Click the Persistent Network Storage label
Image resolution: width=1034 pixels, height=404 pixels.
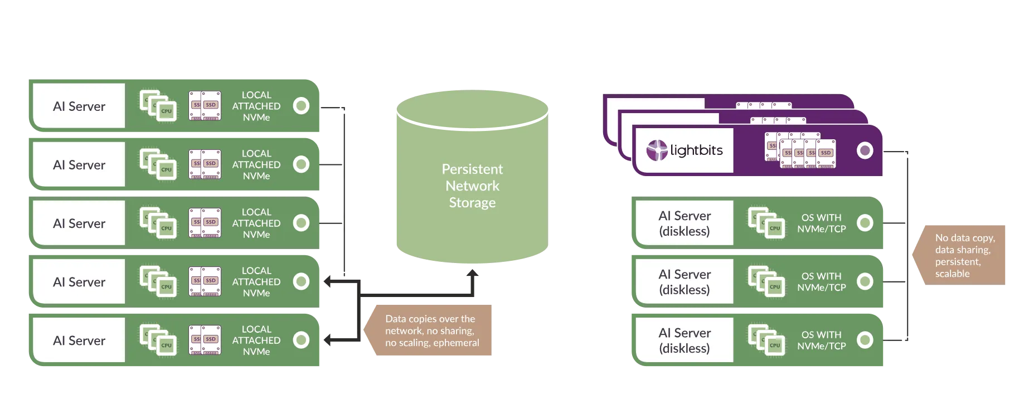tap(472, 186)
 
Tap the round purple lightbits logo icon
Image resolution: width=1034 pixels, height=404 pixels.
tap(657, 150)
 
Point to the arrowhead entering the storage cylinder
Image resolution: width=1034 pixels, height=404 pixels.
tap(475, 273)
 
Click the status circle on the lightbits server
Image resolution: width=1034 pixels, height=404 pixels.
tap(865, 150)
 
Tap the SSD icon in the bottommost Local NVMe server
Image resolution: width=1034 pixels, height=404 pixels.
tap(205, 340)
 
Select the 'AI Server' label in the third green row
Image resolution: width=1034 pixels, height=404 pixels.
tap(79, 223)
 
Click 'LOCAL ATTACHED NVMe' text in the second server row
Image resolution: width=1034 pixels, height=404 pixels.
tap(256, 164)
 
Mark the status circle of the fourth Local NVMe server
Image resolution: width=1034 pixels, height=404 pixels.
tap(301, 281)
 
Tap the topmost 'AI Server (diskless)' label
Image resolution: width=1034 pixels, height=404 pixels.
tap(685, 223)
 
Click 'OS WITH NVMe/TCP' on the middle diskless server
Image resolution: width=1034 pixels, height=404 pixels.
tap(822, 282)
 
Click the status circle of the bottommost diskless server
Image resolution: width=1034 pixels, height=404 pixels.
tap(865, 340)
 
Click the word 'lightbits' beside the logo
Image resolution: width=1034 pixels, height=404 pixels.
tap(696, 150)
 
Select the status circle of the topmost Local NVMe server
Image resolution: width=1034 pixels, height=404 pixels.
tap(301, 105)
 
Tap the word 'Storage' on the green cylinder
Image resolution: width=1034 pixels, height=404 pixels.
tap(472, 203)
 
